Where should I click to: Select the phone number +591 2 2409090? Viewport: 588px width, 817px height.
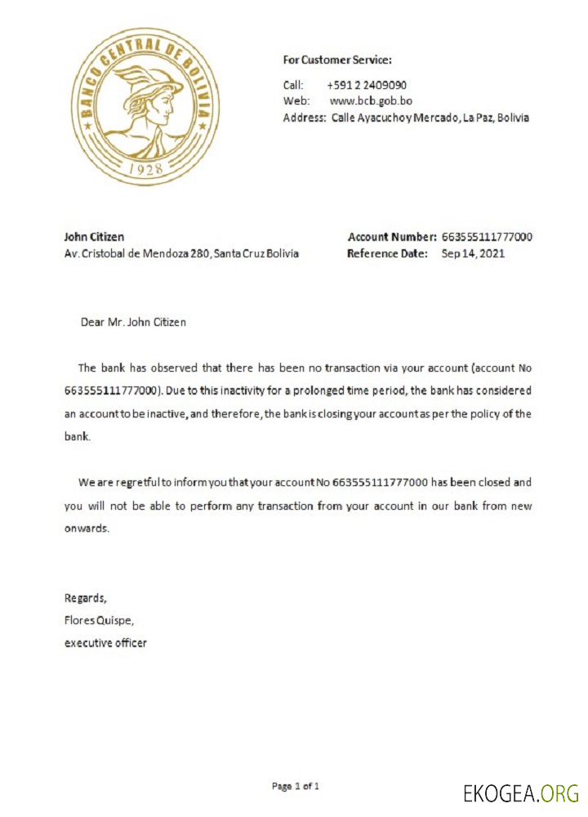click(x=367, y=85)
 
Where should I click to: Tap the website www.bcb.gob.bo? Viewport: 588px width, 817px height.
click(x=370, y=100)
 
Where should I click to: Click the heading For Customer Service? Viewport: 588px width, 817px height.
click(x=337, y=60)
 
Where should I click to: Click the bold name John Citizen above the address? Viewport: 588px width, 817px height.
click(x=94, y=237)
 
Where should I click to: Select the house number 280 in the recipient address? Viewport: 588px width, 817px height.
click(x=200, y=253)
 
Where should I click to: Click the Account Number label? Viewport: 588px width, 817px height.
click(x=392, y=237)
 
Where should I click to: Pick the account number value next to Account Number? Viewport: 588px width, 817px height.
click(x=488, y=237)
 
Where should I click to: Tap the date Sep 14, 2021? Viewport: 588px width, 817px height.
click(x=473, y=253)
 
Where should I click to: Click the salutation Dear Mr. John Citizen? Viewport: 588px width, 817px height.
click(x=133, y=322)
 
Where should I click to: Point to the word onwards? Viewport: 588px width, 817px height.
click(x=86, y=529)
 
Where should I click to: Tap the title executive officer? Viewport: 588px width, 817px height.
click(x=106, y=643)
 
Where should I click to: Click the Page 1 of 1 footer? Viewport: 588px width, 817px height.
click(x=295, y=787)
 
